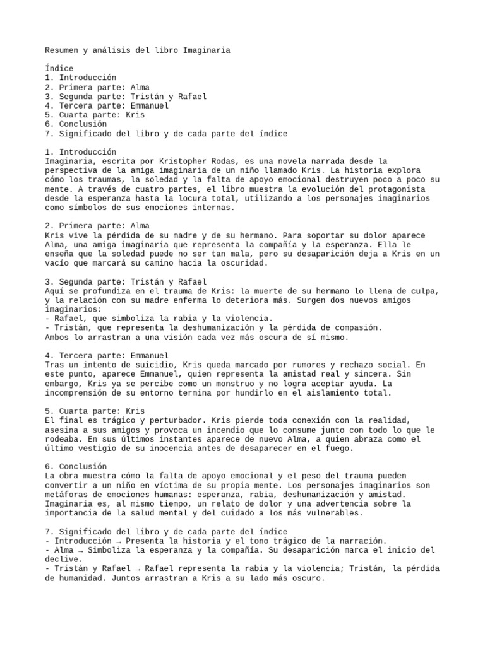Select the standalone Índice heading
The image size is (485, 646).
(59, 68)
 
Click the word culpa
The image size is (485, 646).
(424, 291)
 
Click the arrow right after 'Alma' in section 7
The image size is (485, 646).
(80, 549)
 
